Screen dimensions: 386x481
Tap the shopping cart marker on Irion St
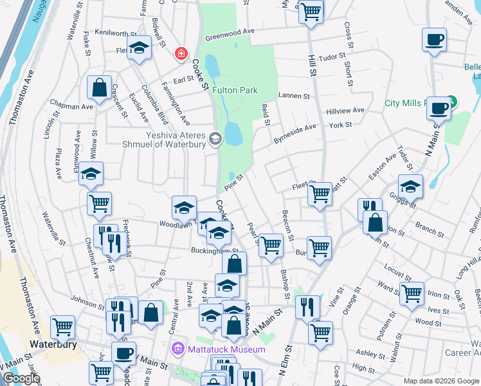coord(412,293)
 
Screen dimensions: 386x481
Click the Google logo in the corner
coord(21,378)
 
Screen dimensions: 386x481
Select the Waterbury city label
coord(53,344)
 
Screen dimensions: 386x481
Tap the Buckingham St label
coord(214,250)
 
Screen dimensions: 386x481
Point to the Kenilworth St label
coord(116,32)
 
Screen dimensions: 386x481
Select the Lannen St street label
coord(294,96)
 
